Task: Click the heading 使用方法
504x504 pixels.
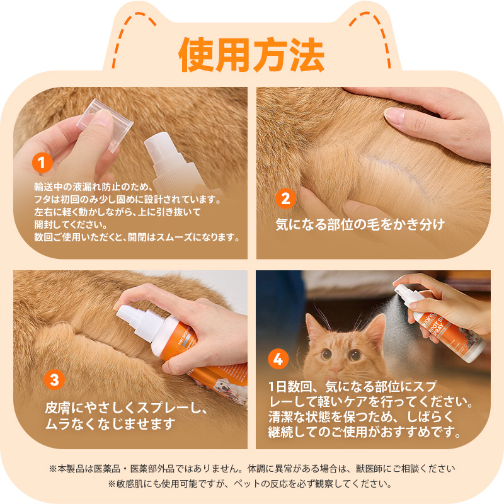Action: click(251, 55)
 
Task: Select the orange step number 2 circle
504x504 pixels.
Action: click(285, 199)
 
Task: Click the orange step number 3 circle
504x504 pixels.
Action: click(54, 379)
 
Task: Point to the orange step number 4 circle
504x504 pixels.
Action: click(278, 360)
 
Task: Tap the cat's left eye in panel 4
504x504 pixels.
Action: click(328, 354)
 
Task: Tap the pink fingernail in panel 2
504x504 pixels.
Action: click(396, 115)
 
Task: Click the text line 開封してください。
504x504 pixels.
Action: click(71, 225)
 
